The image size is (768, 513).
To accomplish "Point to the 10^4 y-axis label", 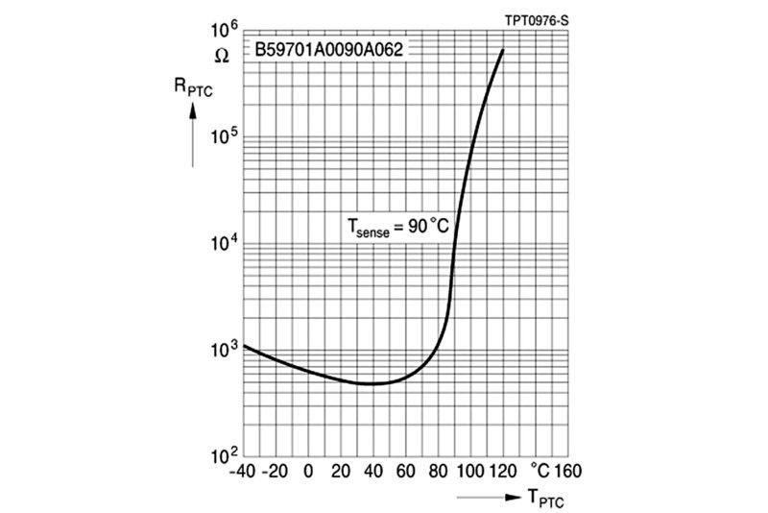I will [222, 243].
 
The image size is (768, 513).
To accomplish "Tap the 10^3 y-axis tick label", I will [222, 350].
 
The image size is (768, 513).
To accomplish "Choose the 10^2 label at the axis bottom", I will [222, 454].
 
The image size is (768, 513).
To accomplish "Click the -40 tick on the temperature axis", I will [244, 472].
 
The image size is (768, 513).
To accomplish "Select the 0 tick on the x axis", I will [308, 472].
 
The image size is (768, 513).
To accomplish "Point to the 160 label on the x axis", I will [567, 472].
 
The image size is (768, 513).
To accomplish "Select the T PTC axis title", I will [542, 497].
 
